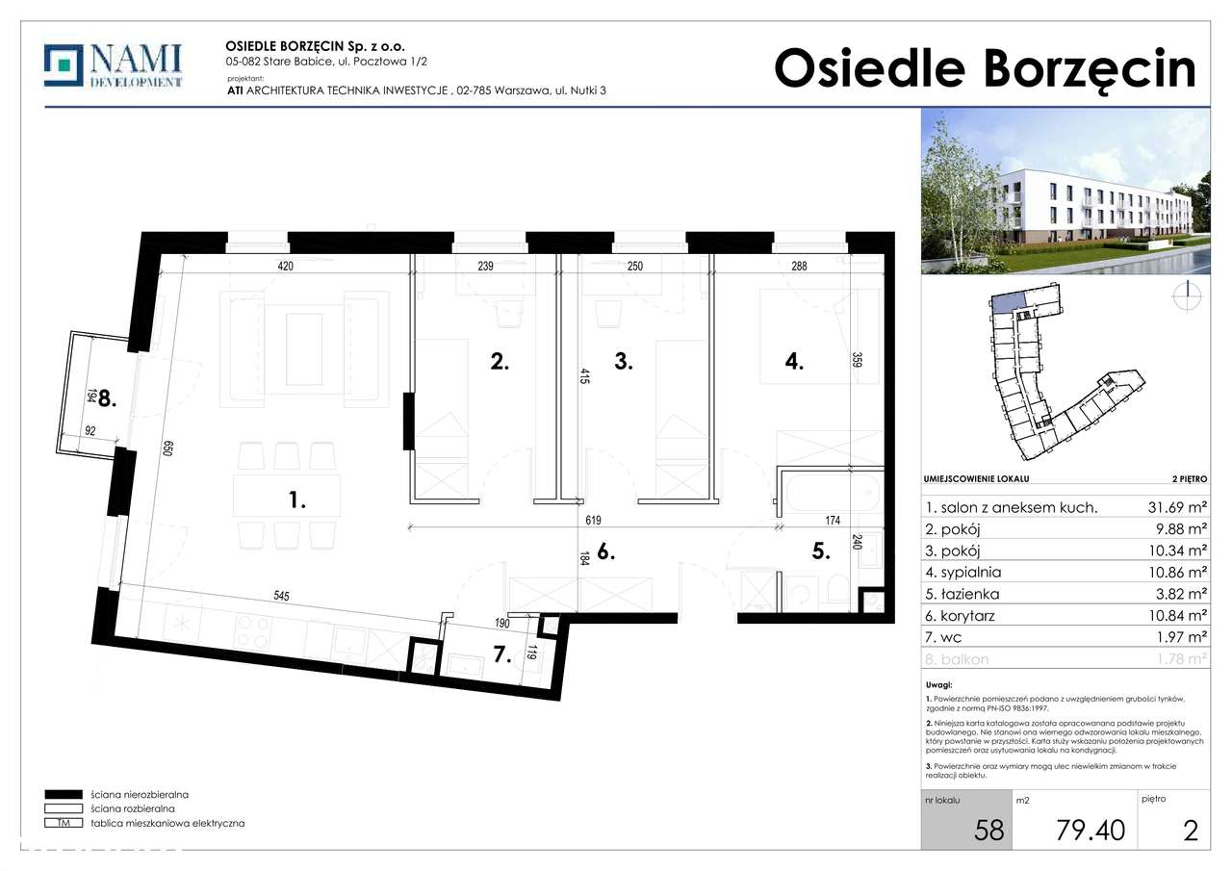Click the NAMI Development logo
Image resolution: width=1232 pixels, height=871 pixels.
point(113,66)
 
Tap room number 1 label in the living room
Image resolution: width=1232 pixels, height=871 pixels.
point(297,500)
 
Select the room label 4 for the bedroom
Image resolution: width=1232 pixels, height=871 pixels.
point(794,362)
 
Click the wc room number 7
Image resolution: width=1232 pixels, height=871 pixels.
point(500,656)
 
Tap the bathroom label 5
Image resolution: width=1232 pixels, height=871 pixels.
point(820,552)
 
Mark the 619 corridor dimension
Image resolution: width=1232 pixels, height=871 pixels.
point(592,521)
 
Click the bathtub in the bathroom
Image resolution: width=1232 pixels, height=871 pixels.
point(831,497)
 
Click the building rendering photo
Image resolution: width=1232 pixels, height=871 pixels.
point(1065,191)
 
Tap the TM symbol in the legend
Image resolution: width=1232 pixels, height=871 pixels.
point(64,824)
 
